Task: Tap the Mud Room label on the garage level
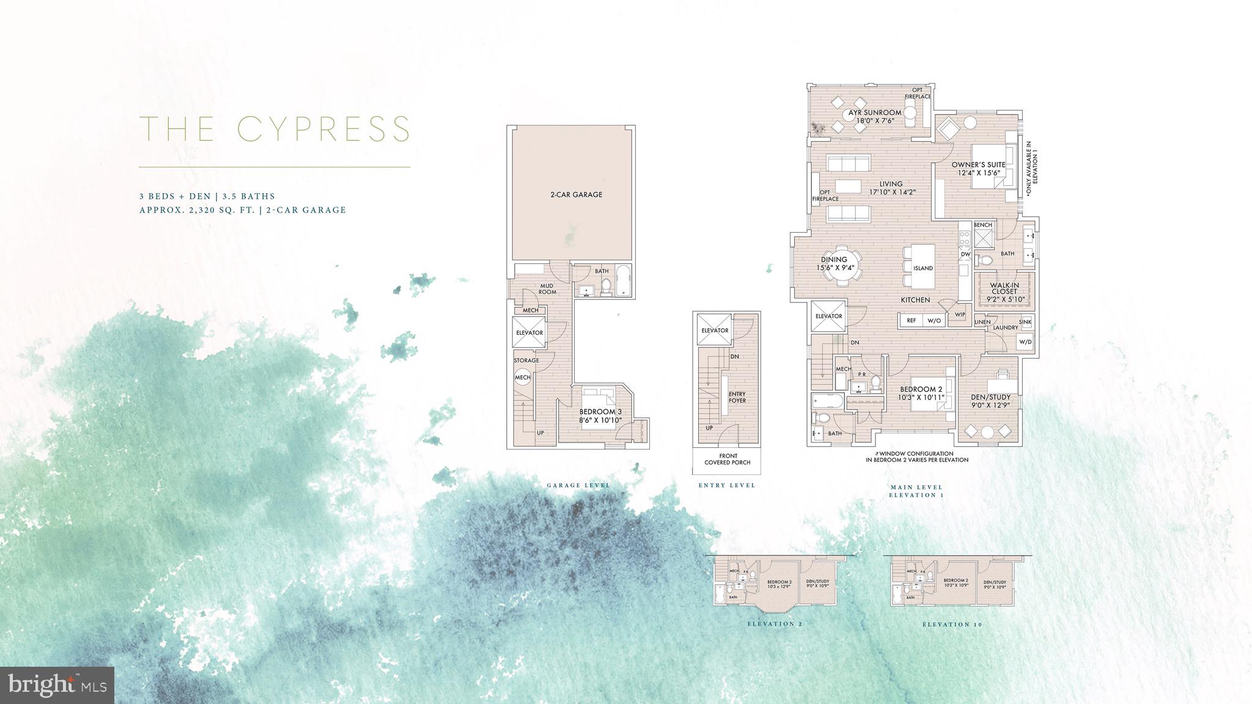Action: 547,288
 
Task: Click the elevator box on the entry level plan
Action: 715,330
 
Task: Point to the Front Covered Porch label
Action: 727,459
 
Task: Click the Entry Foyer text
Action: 737,397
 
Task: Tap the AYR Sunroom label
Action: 875,116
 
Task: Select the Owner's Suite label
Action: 978,169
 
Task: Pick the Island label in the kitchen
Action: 922,268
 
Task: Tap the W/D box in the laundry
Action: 1025,342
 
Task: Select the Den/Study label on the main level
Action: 990,401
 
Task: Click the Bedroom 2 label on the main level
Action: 921,393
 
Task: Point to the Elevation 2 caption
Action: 774,624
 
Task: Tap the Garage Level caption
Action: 578,485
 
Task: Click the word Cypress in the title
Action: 323,129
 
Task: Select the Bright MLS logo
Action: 57,682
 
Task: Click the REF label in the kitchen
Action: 911,320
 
